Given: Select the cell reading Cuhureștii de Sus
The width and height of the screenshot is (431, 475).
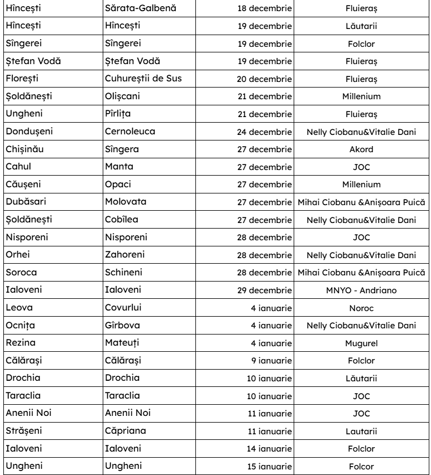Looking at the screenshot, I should pyautogui.click(x=143, y=79).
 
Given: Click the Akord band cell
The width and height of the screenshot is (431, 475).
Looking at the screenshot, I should pyautogui.click(x=361, y=149).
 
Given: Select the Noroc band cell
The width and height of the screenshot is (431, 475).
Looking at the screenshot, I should pyautogui.click(x=361, y=307).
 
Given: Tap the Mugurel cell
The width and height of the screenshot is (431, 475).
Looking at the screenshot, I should pyautogui.click(x=361, y=342).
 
